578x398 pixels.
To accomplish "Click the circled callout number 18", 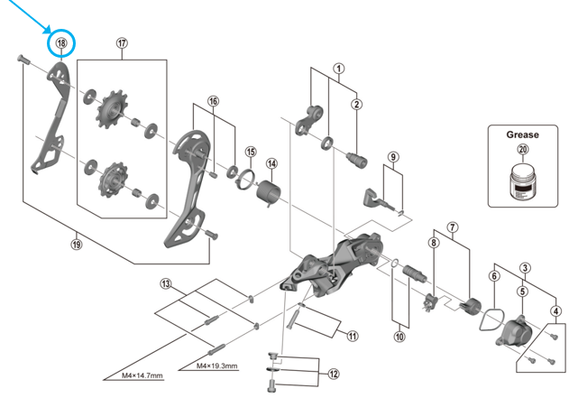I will [x=61, y=42].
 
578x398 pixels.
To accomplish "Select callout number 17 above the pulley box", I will [x=123, y=42].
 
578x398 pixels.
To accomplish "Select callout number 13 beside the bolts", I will [x=165, y=283].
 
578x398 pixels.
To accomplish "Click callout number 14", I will [x=271, y=163].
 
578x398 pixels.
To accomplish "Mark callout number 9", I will [x=393, y=157].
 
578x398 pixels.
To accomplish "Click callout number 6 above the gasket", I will [x=493, y=276].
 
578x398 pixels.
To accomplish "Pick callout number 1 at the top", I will [x=339, y=68].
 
